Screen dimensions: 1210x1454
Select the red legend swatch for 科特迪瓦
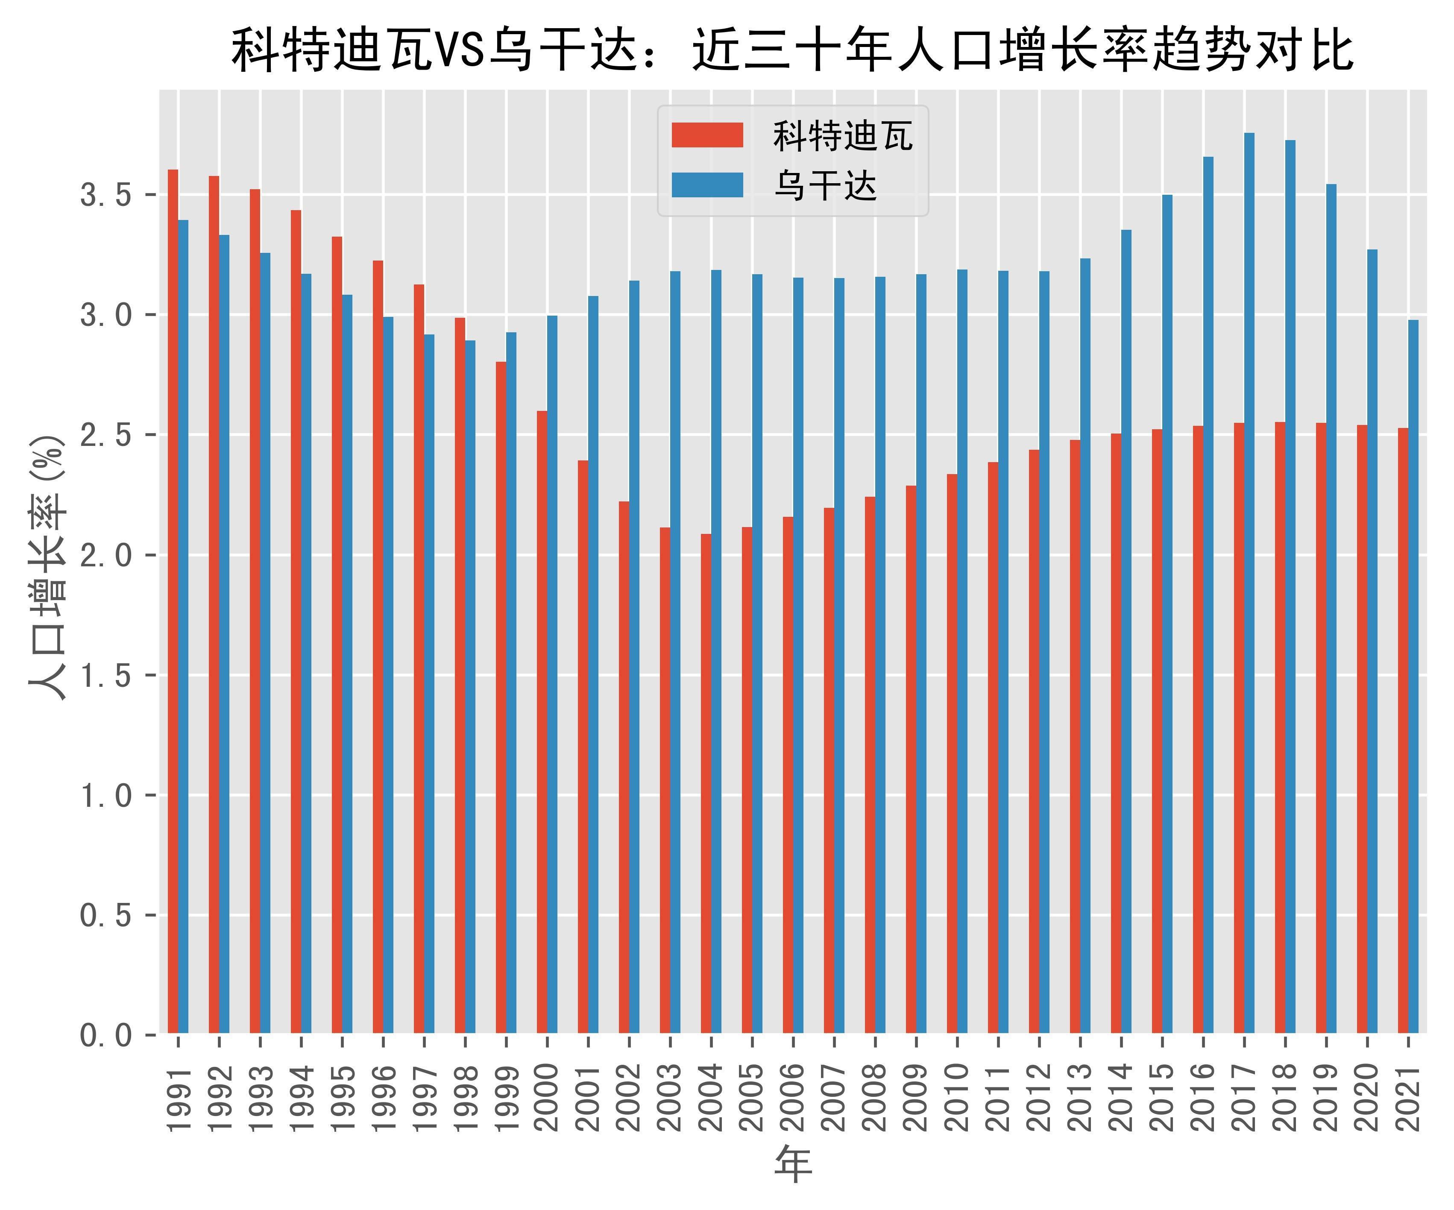pos(707,135)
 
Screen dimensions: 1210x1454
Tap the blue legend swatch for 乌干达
pos(707,185)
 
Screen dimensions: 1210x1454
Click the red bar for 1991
pos(173,602)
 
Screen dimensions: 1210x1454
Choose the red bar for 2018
pos(1280,727)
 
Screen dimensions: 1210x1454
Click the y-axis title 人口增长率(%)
pos(47,568)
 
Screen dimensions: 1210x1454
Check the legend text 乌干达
pos(825,185)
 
